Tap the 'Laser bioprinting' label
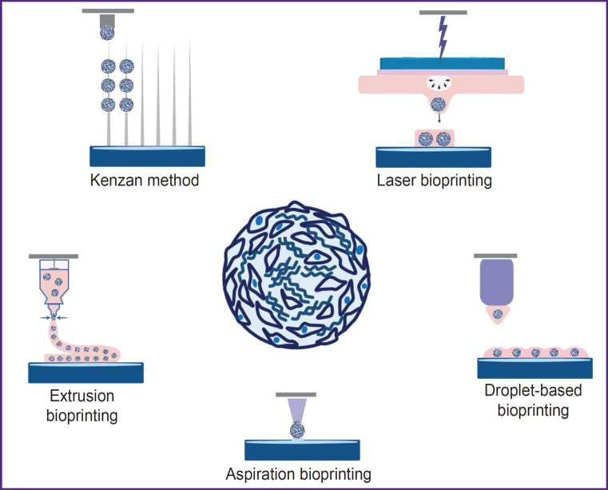pos(434,180)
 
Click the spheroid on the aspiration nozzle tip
pos(295,430)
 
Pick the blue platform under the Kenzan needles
pos(149,155)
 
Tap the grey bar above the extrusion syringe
pos(54,257)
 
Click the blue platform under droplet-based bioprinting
pos(534,367)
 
